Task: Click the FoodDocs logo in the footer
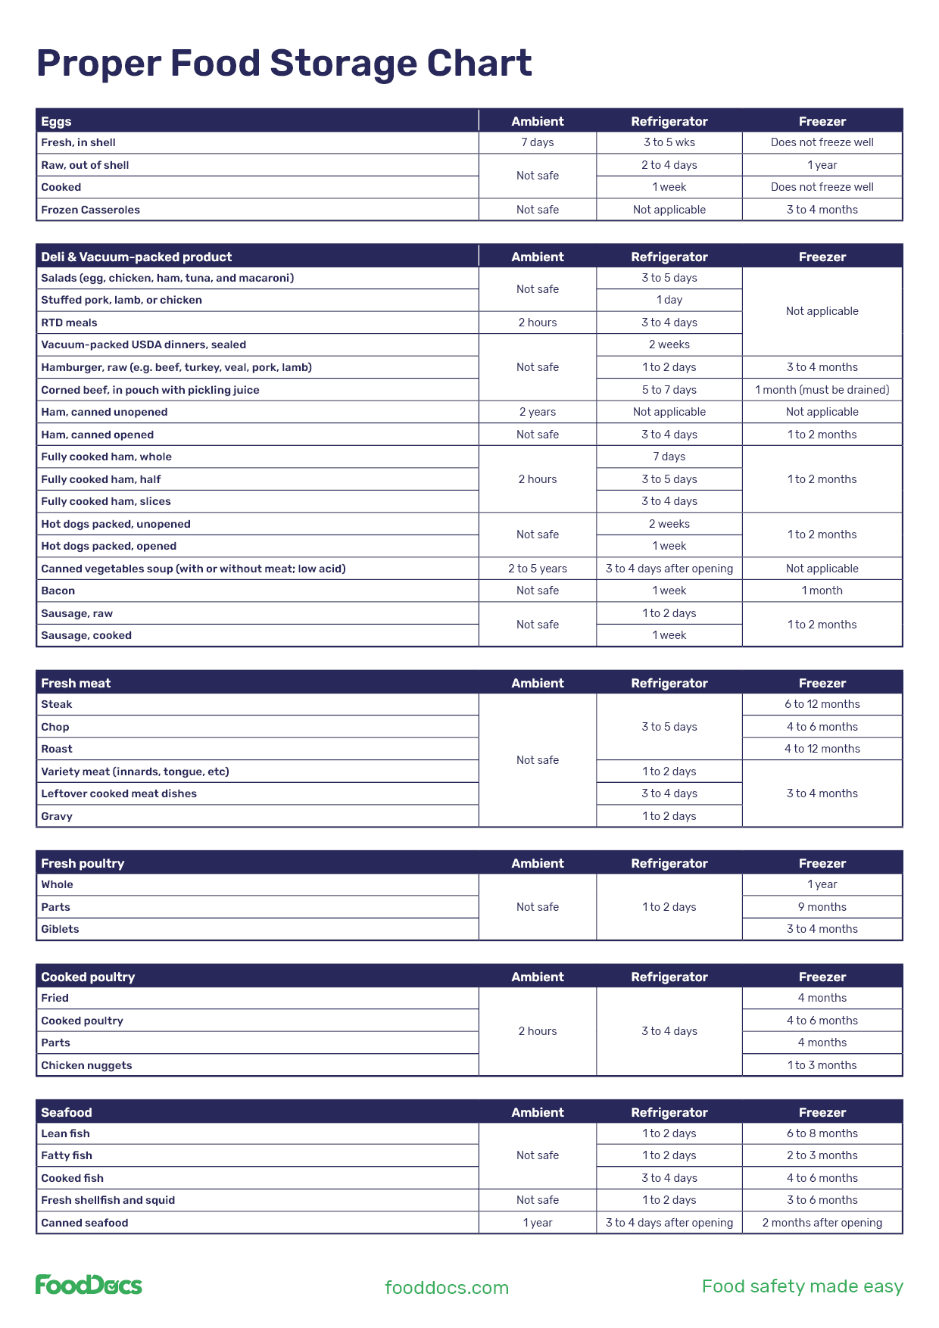89,1285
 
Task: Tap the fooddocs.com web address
447,1287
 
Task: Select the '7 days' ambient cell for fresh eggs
538,142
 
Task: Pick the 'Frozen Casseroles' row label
90,210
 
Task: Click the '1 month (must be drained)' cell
822,390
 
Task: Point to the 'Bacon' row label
58,591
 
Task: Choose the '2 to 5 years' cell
538,569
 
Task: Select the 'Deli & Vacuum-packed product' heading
136,257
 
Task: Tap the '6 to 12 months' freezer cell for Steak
822,704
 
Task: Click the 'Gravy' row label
57,816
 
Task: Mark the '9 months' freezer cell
822,907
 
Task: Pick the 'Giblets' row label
60,929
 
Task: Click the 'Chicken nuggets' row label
86,1065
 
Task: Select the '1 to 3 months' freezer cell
822,1065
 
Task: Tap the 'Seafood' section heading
67,1112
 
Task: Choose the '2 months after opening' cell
822,1223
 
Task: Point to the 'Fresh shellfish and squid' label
108,1200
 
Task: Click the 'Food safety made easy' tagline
802,1286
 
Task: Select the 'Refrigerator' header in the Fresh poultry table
669,863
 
